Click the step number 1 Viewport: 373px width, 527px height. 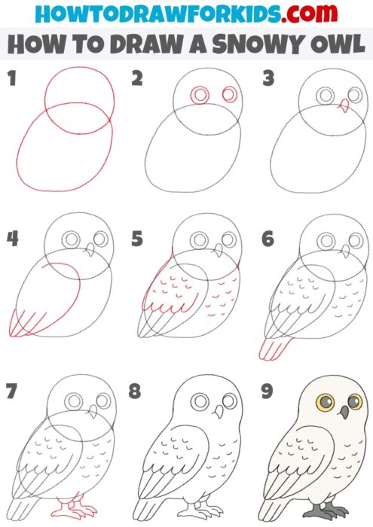11,78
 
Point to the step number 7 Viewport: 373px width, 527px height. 11,391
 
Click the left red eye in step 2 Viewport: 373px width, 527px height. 200,96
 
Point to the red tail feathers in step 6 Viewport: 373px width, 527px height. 272,348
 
